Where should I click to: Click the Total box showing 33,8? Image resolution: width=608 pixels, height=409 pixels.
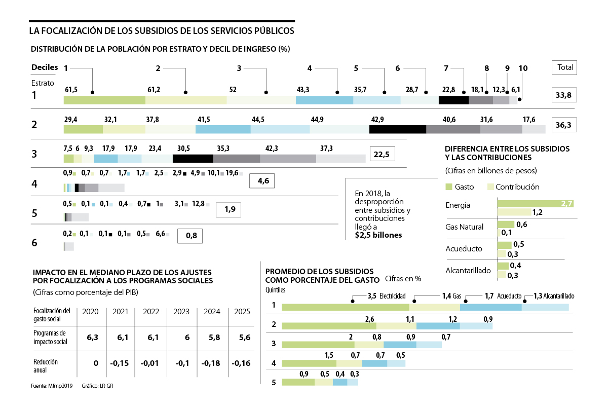(563, 95)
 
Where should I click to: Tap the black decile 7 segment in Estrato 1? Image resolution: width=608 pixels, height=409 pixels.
(453, 100)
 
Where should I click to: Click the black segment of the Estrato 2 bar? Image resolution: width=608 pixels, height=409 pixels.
(397, 129)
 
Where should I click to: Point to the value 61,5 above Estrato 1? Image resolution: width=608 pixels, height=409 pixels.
(71, 90)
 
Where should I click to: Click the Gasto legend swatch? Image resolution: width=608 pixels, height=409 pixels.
(448, 187)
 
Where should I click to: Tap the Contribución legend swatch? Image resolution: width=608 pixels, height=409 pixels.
(489, 187)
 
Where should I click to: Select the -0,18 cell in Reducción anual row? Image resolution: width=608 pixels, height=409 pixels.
(210, 363)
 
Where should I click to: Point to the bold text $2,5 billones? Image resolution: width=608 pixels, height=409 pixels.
(378, 235)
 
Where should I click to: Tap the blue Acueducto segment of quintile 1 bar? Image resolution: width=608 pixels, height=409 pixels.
(490, 307)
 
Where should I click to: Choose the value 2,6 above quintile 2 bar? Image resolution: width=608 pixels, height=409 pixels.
(370, 319)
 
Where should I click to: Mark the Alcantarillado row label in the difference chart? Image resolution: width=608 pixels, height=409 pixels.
(468, 271)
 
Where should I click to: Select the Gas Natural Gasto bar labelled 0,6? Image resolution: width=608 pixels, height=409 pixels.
(506, 225)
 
